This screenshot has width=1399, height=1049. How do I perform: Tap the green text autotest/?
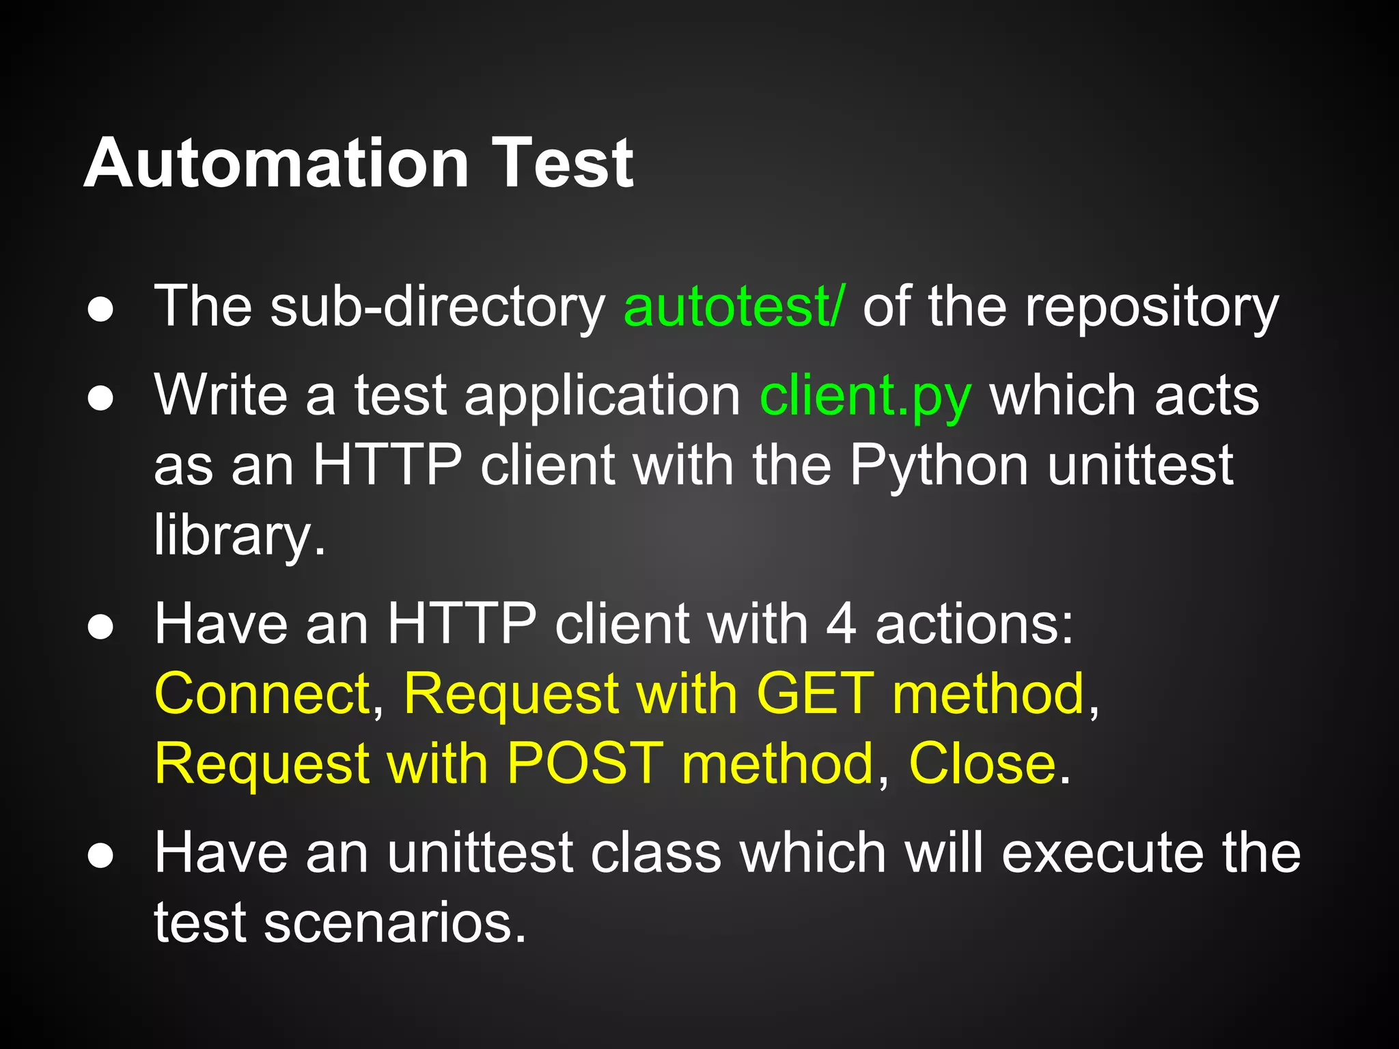(734, 307)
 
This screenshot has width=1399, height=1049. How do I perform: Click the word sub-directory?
(438, 307)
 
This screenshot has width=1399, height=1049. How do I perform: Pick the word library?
(239, 537)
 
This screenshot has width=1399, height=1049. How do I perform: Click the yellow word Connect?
(262, 694)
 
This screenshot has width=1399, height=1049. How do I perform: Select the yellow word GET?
(815, 694)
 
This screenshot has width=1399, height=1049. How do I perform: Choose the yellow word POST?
(585, 764)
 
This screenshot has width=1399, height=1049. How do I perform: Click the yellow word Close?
(982, 764)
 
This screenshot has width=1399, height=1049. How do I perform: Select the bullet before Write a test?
(100, 399)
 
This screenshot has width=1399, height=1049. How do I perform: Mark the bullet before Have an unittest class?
(100, 856)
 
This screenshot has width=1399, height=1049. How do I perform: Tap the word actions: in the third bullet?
(974, 624)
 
